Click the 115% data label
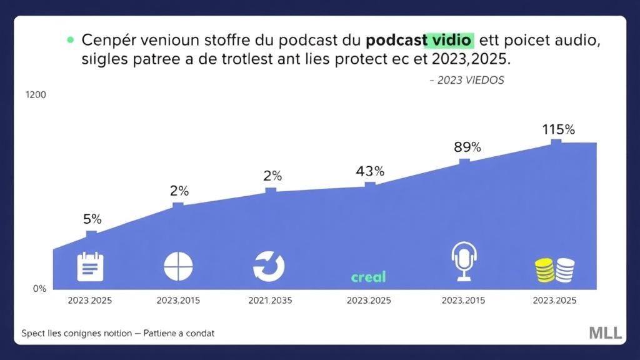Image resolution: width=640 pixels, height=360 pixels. [558, 130]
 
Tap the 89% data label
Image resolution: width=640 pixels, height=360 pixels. [467, 147]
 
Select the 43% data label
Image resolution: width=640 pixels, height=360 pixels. [370, 171]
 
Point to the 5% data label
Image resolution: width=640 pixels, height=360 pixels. [92, 219]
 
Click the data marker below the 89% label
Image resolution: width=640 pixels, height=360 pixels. [464, 162]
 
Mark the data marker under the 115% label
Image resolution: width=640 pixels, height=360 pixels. [556, 142]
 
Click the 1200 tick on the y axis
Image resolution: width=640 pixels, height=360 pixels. [36, 95]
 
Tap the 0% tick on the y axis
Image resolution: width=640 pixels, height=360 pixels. [39, 289]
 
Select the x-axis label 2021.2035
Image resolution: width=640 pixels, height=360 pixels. [271, 301]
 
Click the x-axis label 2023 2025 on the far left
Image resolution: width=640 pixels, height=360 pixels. [89, 301]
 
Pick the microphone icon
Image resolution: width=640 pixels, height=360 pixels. [464, 261]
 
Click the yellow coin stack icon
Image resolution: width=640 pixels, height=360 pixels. [544, 269]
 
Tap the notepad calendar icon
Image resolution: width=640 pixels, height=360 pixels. [89, 267]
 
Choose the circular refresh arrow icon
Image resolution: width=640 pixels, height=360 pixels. [269, 267]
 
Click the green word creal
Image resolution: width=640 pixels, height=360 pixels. [368, 276]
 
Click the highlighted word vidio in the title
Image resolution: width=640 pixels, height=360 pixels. [449, 41]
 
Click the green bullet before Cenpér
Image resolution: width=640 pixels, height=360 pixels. [69, 40]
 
